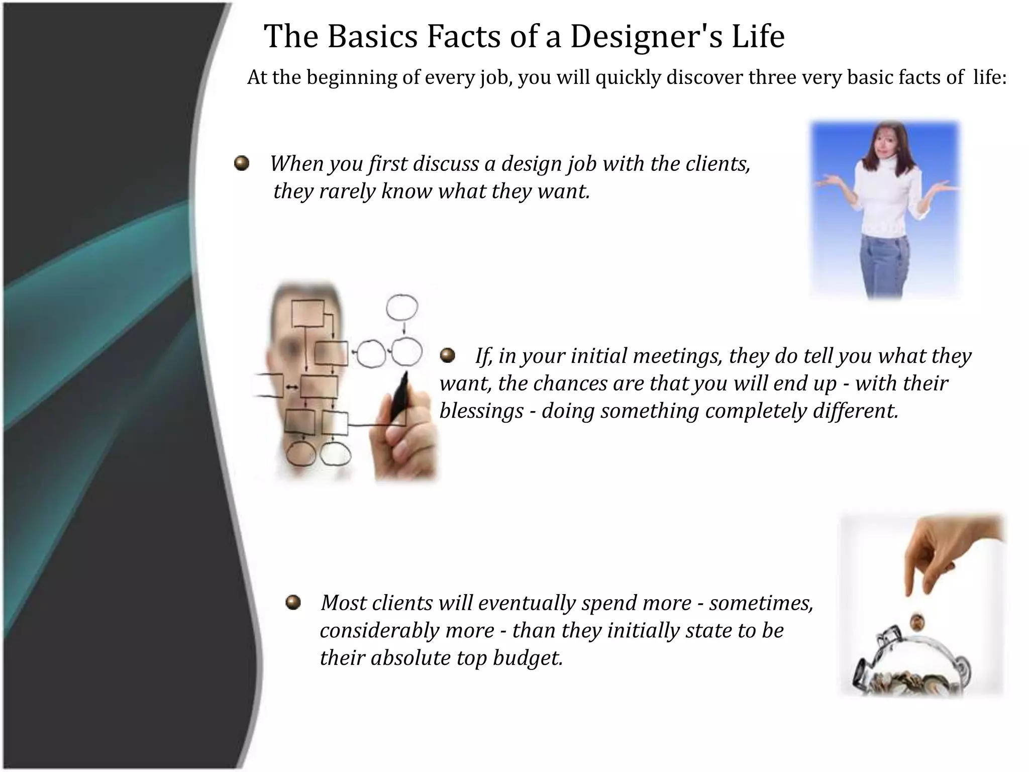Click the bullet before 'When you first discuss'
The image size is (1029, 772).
[242, 163]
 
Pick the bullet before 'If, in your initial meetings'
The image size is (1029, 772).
[447, 356]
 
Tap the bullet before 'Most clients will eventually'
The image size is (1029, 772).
[293, 602]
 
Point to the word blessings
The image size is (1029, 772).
[481, 411]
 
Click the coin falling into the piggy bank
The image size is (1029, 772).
[917, 622]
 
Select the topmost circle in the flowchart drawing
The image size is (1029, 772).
[401, 307]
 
